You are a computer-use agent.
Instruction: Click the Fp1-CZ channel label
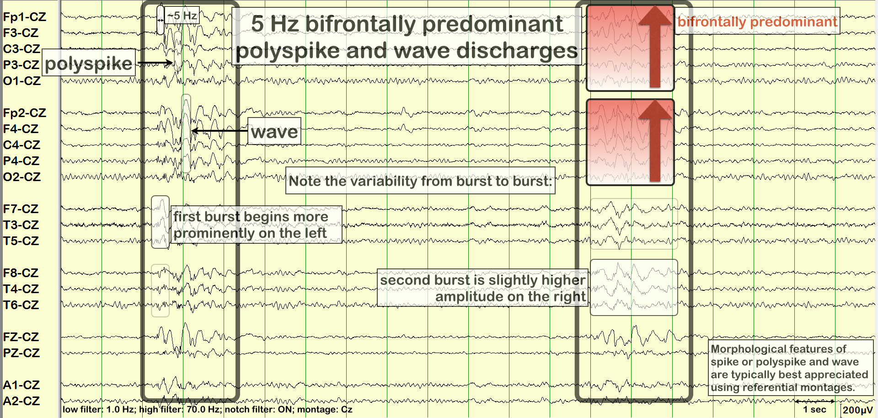pos(24,17)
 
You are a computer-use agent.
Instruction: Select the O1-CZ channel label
pos(21,81)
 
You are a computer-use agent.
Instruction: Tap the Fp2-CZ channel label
pos(24,113)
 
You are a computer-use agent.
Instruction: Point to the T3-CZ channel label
pos(21,225)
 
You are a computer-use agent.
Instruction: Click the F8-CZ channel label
pos(21,273)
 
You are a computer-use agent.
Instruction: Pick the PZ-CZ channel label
pos(21,353)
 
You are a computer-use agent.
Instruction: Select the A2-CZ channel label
pos(21,401)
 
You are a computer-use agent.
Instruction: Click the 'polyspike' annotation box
pos(89,63)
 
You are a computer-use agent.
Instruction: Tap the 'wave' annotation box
pos(274,131)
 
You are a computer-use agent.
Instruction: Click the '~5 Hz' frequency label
pos(182,16)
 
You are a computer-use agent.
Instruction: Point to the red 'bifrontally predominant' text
pos(757,21)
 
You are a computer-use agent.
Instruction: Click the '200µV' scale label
pos(857,410)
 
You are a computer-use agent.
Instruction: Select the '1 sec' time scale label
pos(814,409)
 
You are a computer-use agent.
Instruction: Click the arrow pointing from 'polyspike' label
pos(155,63)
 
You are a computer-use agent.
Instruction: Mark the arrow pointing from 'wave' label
pos(219,131)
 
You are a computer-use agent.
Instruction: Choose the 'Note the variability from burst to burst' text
pos(420,181)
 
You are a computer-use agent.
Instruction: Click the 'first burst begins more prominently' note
pos(251,225)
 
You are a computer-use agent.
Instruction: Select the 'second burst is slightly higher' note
pos(483,288)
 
